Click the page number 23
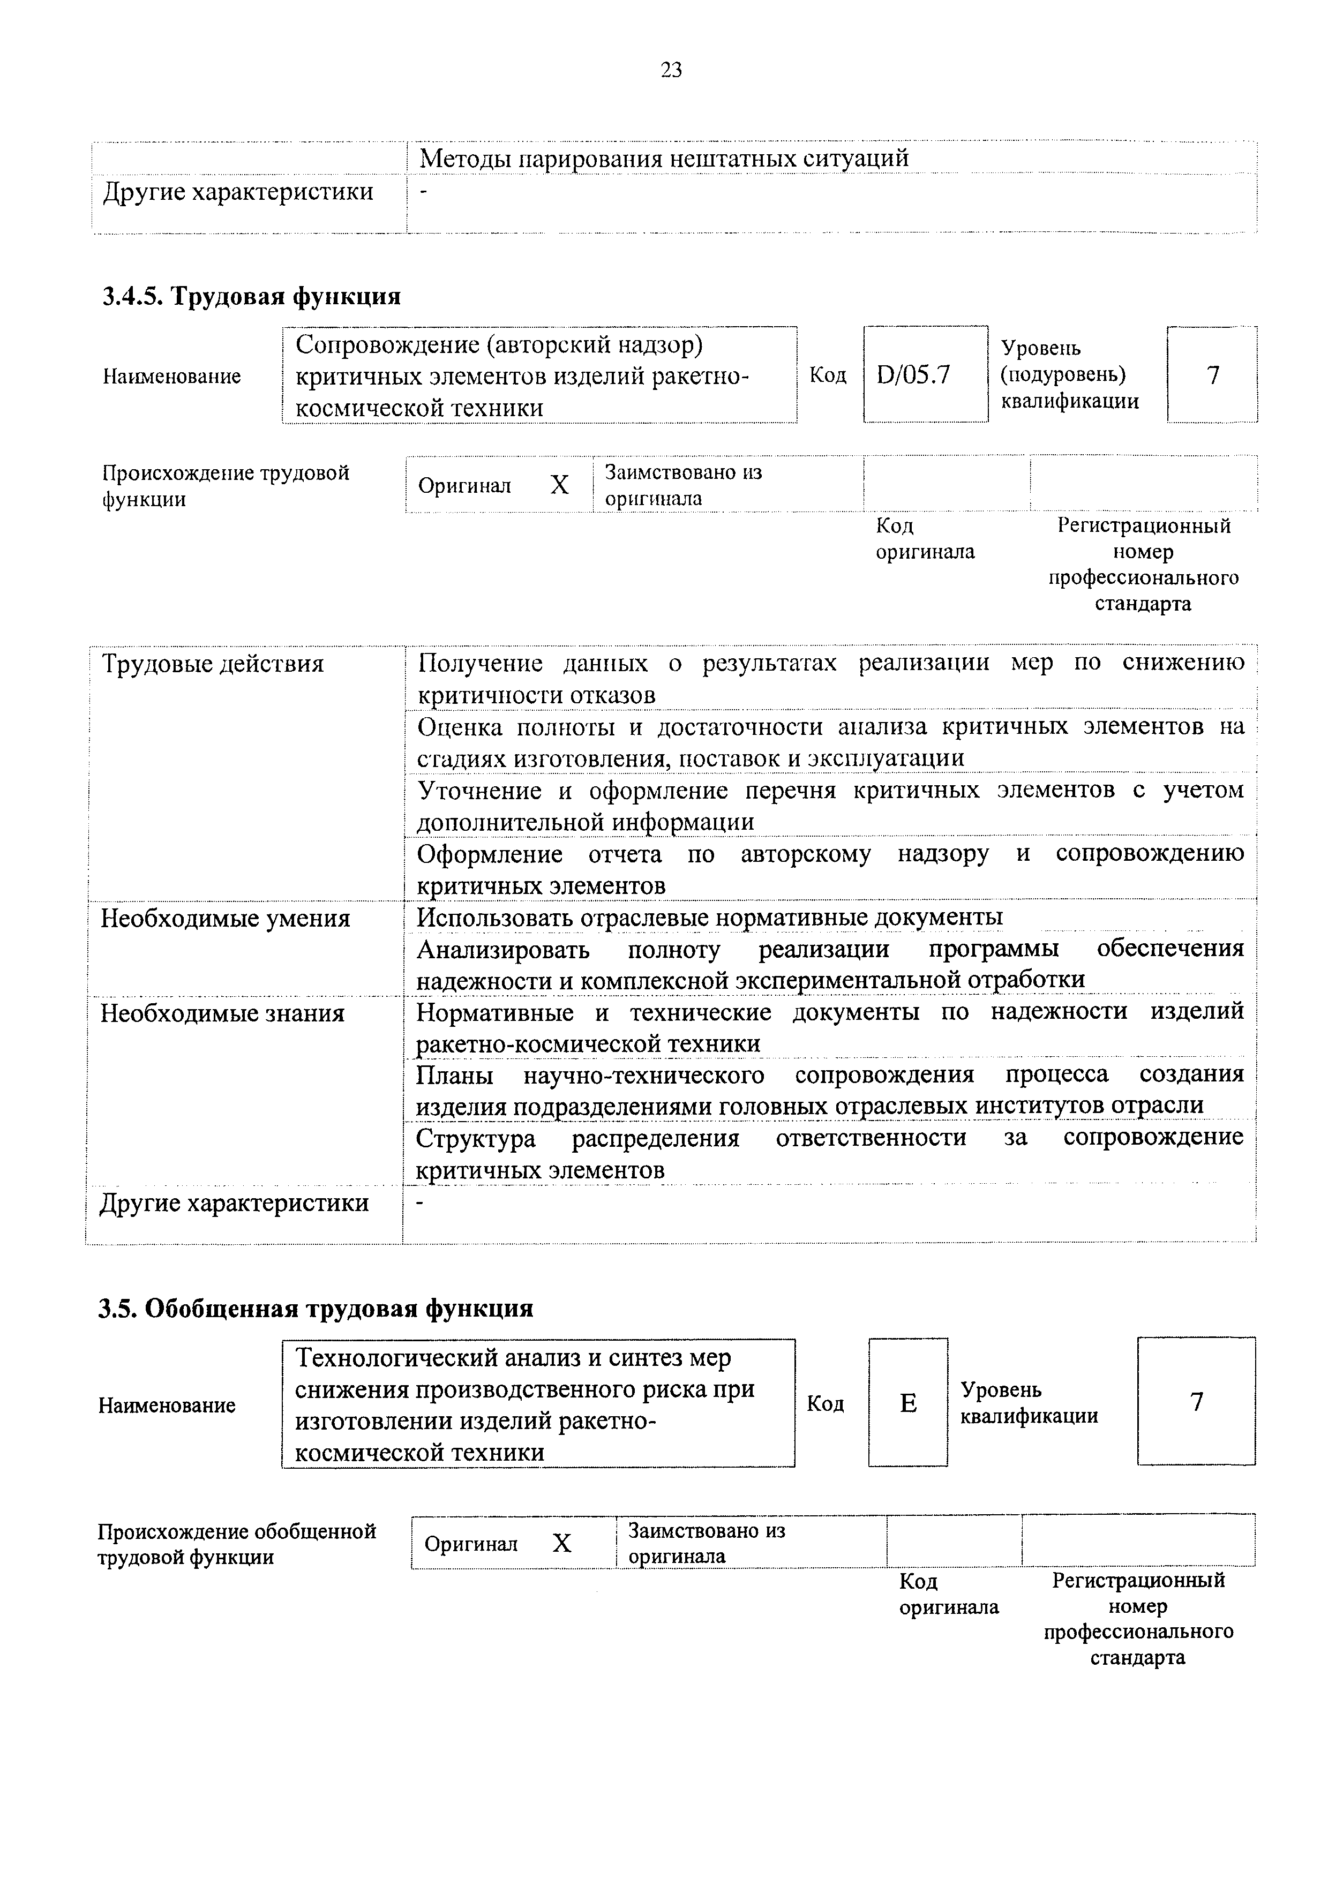pyautogui.click(x=670, y=70)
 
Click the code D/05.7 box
pyautogui.click(x=913, y=375)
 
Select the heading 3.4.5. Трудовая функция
pyautogui.click(x=251, y=296)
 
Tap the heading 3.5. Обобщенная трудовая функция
pyautogui.click(x=316, y=1308)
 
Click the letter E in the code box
pyautogui.click(x=907, y=1403)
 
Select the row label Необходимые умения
pyautogui.click(x=225, y=918)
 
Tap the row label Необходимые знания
pyautogui.click(x=222, y=1013)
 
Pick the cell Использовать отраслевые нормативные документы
pyautogui.click(x=709, y=918)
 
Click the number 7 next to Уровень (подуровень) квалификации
pyautogui.click(x=1213, y=375)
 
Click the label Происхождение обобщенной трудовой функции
pyautogui.click(x=236, y=1544)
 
